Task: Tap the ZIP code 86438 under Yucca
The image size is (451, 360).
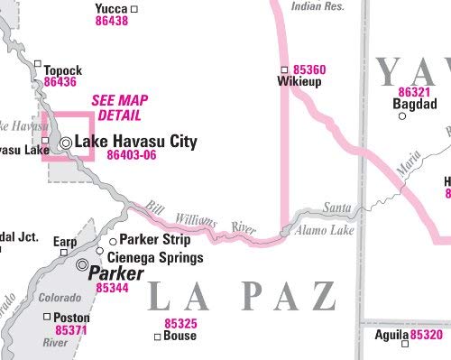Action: tap(111, 21)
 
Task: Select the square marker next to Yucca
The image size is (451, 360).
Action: tap(134, 9)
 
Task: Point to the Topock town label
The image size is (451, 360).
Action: tap(63, 69)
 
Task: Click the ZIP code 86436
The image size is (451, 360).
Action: tap(60, 81)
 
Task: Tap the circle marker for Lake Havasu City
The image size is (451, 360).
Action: tap(66, 143)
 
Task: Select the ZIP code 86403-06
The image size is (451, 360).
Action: tap(132, 155)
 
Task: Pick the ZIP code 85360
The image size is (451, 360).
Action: tap(309, 69)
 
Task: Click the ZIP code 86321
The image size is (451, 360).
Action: tap(414, 92)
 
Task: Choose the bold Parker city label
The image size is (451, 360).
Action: tap(116, 272)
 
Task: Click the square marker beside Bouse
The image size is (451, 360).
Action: tap(157, 337)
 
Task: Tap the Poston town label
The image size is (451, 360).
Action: tap(72, 318)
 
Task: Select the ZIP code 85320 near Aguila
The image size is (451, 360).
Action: tap(427, 335)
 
